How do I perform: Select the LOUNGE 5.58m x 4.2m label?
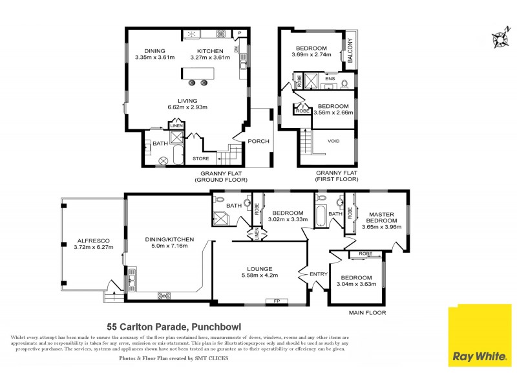tap(259, 272)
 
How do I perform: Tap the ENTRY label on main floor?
tap(319, 274)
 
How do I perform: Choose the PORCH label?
tap(259, 141)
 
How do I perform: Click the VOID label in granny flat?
tap(333, 141)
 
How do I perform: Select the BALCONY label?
tap(350, 51)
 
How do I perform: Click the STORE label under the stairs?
tap(200, 158)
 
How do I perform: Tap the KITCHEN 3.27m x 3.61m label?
tap(210, 54)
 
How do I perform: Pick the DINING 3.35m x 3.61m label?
tap(154, 54)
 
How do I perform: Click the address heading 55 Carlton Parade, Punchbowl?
tap(174, 327)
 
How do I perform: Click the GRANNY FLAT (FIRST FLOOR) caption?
tap(337, 177)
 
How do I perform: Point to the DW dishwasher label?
tap(237, 48)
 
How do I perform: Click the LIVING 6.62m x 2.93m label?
tap(188, 104)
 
